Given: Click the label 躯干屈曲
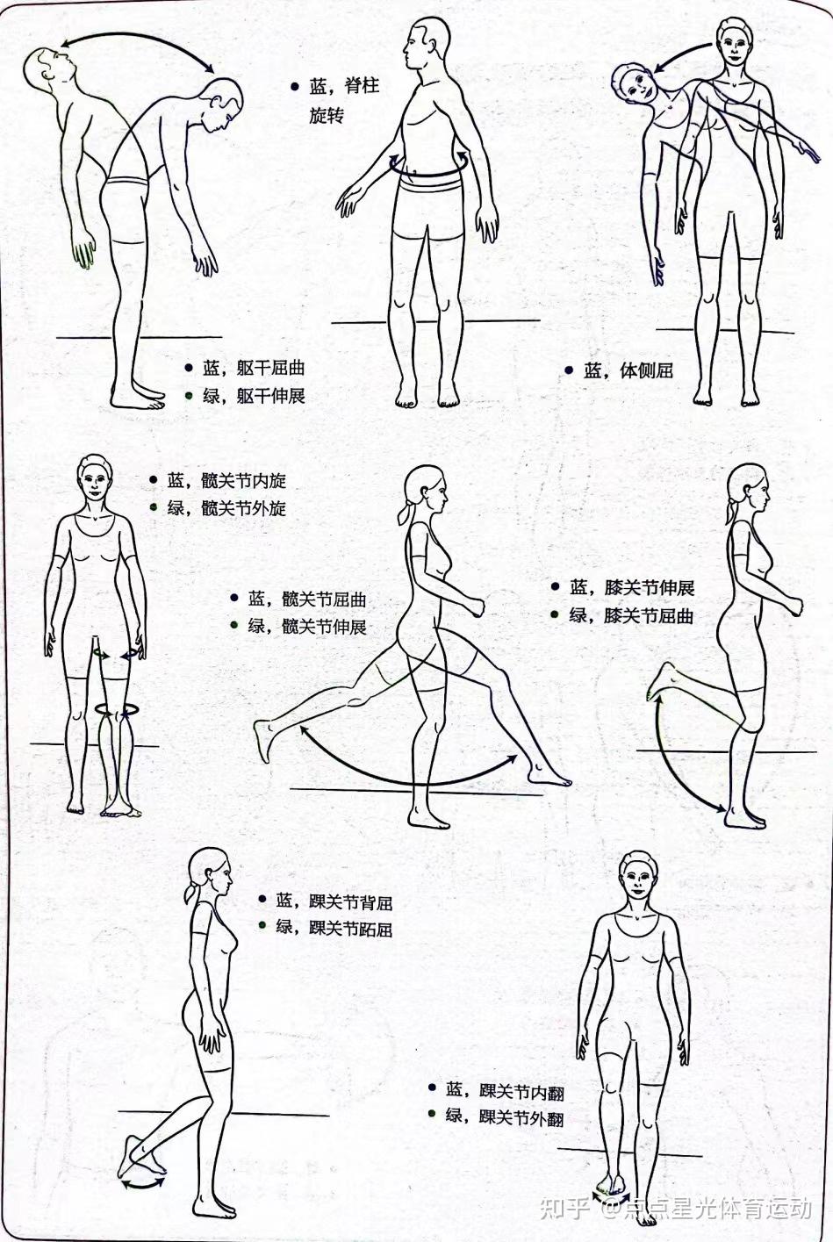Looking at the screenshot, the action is (x=270, y=368).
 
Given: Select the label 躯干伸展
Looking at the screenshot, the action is (x=270, y=396).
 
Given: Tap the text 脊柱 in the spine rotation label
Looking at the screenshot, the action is (x=362, y=86).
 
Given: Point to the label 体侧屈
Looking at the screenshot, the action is (x=645, y=370).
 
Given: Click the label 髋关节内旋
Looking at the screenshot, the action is (x=243, y=480).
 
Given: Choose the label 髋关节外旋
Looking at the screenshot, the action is (x=243, y=508).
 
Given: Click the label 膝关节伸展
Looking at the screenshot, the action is (x=649, y=588).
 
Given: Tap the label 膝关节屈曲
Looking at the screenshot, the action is (x=649, y=615).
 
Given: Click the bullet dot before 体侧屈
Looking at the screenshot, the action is (x=569, y=370).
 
